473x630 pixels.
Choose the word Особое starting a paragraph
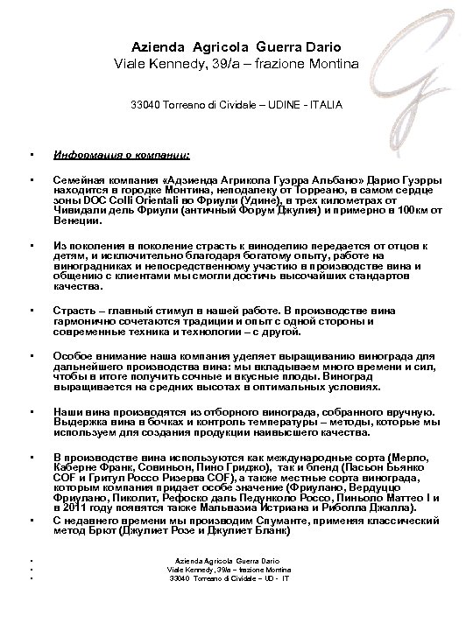74,357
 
